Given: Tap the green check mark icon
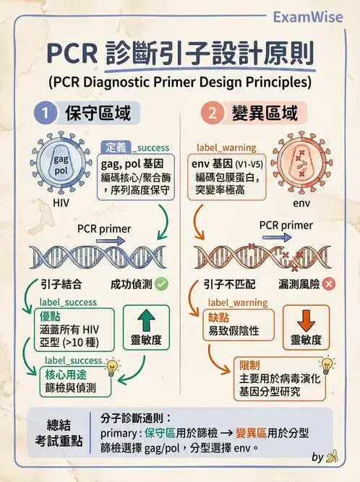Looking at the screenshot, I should pos(161,284).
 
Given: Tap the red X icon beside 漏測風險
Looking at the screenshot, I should pos(330,284).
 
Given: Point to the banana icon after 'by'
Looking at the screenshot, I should pos(333,457).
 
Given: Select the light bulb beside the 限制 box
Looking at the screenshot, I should pos(327,364).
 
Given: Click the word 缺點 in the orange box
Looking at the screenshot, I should pos(219,316).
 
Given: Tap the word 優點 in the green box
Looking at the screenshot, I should pos(53,316).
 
